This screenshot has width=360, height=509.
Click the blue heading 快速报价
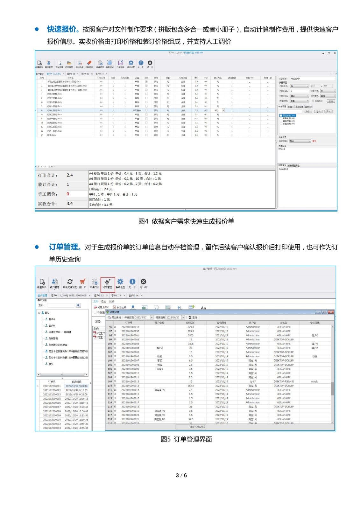pyautogui.click(x=63, y=29)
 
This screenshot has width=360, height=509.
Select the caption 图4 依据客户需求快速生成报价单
pyautogui.click(x=186, y=221)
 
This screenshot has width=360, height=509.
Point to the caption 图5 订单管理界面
pyautogui.click(x=186, y=439)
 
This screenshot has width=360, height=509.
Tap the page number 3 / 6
pyautogui.click(x=181, y=475)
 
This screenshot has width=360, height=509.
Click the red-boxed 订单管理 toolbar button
pyautogui.click(x=108, y=283)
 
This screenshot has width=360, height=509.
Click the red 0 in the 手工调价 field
pyautogui.click(x=68, y=194)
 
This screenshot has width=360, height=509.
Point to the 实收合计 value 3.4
pyautogui.click(x=70, y=204)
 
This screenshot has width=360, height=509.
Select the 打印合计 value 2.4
pyautogui.click(x=70, y=175)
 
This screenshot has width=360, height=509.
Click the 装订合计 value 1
pyautogui.click(x=68, y=185)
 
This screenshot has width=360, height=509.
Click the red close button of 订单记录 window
pyautogui.click(x=331, y=312)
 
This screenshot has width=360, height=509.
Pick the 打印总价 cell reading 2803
pyautogui.click(x=191, y=335)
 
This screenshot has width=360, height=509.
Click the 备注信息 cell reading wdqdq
pyautogui.click(x=314, y=381)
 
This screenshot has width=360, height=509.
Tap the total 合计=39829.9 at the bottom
pyautogui.click(x=197, y=427)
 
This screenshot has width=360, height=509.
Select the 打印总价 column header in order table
pyautogui.click(x=191, y=323)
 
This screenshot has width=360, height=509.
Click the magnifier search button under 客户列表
pyautogui.click(x=78, y=305)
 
